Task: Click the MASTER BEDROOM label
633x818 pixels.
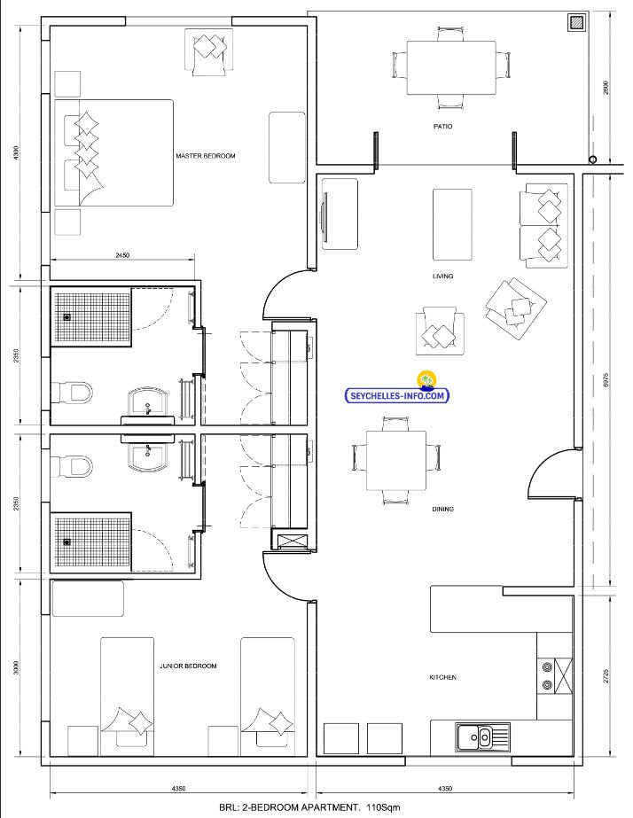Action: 205,156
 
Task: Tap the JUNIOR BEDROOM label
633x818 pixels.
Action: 188,666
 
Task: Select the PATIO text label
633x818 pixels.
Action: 442,126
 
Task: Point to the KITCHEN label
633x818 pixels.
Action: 442,677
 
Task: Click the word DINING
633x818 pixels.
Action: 442,509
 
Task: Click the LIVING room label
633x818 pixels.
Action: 442,276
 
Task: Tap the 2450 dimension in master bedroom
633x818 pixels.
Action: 122,255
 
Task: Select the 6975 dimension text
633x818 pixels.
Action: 606,379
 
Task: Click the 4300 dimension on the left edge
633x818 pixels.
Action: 16,152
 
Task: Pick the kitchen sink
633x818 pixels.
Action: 482,737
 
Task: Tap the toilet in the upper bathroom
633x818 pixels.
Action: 73,392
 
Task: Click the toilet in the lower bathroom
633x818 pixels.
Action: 73,466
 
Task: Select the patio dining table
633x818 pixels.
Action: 451,68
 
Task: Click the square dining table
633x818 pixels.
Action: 396,461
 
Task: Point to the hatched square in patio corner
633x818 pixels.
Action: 576,22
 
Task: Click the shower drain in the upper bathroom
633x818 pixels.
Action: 66,316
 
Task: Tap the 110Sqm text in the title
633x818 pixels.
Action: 382,807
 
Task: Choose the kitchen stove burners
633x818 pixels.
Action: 547,675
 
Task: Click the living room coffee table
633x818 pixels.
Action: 452,224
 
